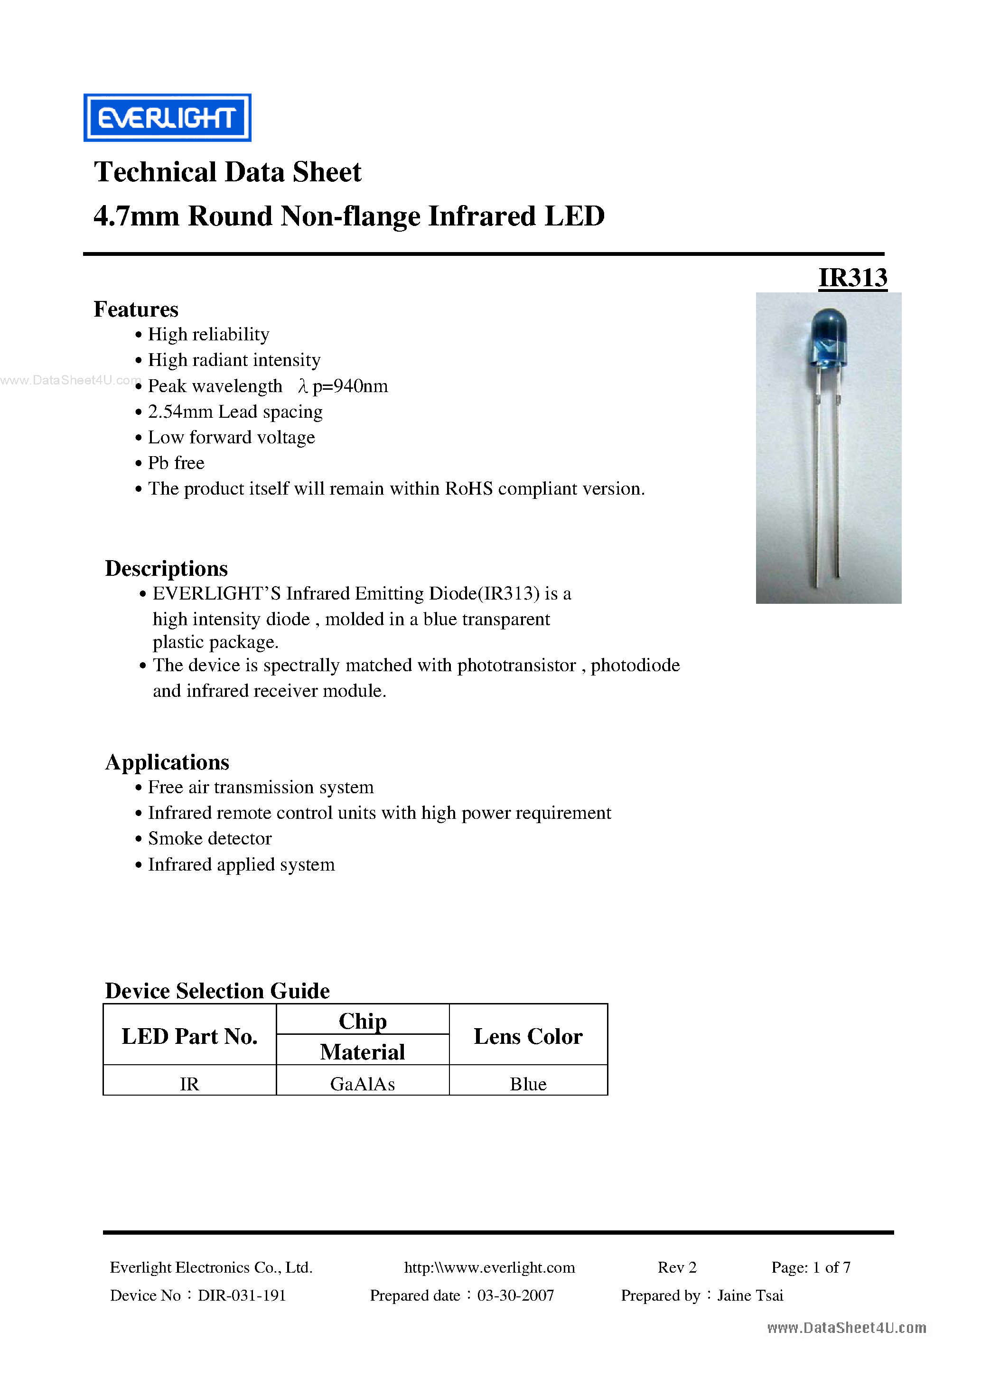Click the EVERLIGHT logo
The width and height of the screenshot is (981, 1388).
[167, 118]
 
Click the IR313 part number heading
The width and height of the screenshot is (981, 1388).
[852, 278]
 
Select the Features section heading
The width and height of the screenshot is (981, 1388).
[136, 309]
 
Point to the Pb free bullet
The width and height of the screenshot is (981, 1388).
[176, 463]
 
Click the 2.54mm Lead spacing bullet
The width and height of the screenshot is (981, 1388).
[235, 412]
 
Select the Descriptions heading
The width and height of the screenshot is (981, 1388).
[166, 569]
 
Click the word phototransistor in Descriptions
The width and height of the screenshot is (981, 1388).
[516, 666]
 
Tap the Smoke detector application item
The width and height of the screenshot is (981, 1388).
[210, 838]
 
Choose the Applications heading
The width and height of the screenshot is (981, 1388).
[168, 762]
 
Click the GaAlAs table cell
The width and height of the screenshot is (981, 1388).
[362, 1084]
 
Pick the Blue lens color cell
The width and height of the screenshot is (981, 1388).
[528, 1084]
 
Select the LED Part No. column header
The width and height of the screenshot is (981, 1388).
[189, 1036]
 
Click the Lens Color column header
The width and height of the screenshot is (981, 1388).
[528, 1036]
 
